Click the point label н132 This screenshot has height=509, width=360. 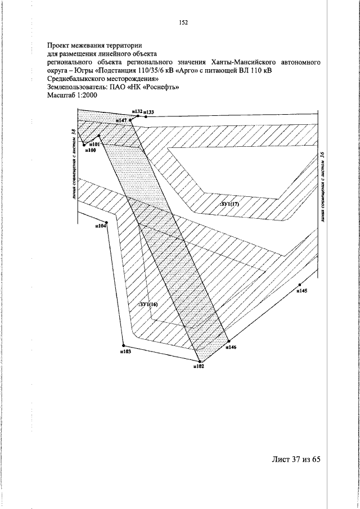coord(136,112)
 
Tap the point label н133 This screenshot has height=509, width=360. coord(148,112)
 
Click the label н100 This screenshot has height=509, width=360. coord(90,150)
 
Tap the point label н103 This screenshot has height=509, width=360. coord(125,352)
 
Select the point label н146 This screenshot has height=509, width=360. coord(231,348)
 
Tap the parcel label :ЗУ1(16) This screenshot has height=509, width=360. coord(148,304)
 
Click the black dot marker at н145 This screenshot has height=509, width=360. coord(300,285)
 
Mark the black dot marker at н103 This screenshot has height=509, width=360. coord(123,345)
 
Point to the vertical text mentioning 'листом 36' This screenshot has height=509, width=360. coord(322,186)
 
